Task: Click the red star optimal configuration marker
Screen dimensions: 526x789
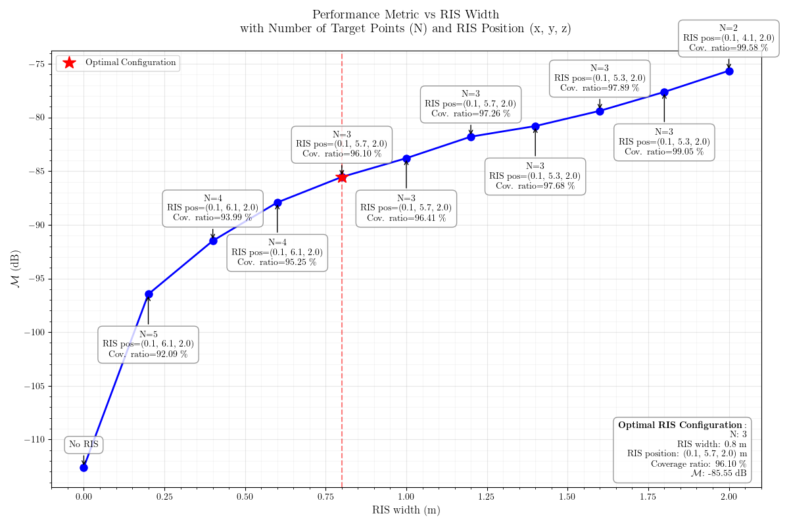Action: click(342, 177)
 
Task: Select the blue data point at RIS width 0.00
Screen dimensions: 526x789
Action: click(84, 467)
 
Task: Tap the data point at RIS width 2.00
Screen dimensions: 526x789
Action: click(729, 71)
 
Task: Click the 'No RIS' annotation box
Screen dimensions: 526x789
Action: click(84, 444)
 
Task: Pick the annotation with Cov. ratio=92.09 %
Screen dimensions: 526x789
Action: click(148, 344)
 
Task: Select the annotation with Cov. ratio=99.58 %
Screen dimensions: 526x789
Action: click(729, 38)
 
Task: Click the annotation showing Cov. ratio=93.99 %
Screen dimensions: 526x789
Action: click(212, 208)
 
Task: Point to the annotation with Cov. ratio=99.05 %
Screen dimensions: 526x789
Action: click(664, 142)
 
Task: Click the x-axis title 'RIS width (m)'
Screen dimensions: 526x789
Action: click(406, 510)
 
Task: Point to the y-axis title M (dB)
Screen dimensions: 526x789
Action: click(14, 269)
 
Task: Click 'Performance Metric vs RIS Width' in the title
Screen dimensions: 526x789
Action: click(406, 14)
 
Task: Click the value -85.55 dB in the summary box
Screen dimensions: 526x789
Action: click(722, 473)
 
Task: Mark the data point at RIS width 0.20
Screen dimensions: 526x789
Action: click(149, 294)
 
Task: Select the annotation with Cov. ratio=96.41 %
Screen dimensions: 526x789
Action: click(406, 208)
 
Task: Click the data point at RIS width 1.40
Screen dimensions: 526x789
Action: click(535, 126)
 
